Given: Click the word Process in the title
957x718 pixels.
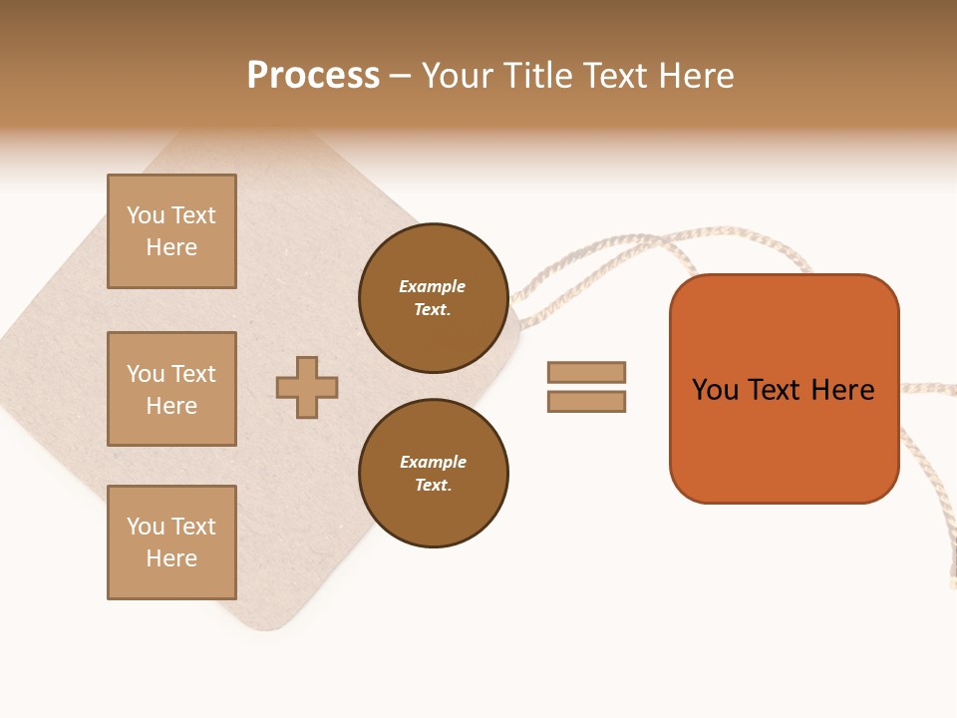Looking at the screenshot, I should [x=313, y=76].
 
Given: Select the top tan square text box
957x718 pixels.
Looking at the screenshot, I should [x=171, y=231].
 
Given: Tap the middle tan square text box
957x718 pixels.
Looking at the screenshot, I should [x=171, y=389].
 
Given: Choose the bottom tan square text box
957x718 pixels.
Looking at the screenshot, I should [x=171, y=541].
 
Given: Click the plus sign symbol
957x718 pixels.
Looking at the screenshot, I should [x=307, y=387].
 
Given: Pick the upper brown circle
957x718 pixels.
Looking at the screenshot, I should [x=433, y=298].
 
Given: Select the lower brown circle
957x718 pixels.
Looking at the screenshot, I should [x=433, y=473].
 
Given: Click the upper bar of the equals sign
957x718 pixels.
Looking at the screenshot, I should [x=586, y=372].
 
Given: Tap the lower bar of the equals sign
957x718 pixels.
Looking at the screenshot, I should [x=586, y=402].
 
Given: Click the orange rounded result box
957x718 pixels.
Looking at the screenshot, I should [x=784, y=439].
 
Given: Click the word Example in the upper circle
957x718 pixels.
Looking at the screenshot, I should [x=433, y=286].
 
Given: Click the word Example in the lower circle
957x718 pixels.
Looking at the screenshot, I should [x=433, y=462].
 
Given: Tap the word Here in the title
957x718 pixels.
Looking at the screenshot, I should [x=695, y=76].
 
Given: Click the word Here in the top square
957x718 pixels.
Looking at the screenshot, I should [x=171, y=247].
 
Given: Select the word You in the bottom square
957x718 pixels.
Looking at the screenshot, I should [x=146, y=527].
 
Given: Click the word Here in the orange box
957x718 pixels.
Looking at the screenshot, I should [x=842, y=390].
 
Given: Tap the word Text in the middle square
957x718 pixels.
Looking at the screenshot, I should [x=193, y=374].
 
